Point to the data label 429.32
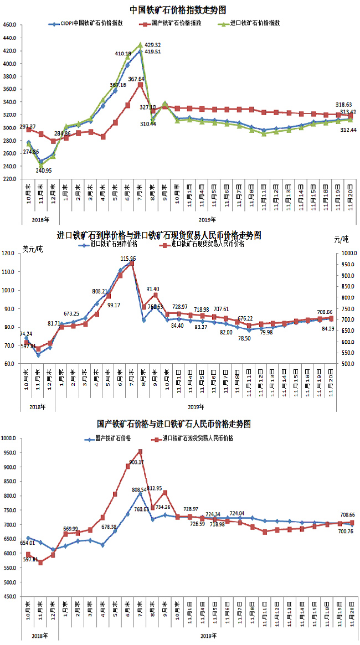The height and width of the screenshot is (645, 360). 153,45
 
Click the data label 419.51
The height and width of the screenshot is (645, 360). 153,52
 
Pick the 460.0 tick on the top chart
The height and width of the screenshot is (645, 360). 11,25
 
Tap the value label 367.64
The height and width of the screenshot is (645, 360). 136,79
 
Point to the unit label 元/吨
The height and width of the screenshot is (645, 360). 342,239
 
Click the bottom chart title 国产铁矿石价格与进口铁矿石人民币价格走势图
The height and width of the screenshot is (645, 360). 173,424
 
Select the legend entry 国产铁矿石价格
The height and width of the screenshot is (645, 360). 113,438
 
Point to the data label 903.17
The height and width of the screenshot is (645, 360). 136,462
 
